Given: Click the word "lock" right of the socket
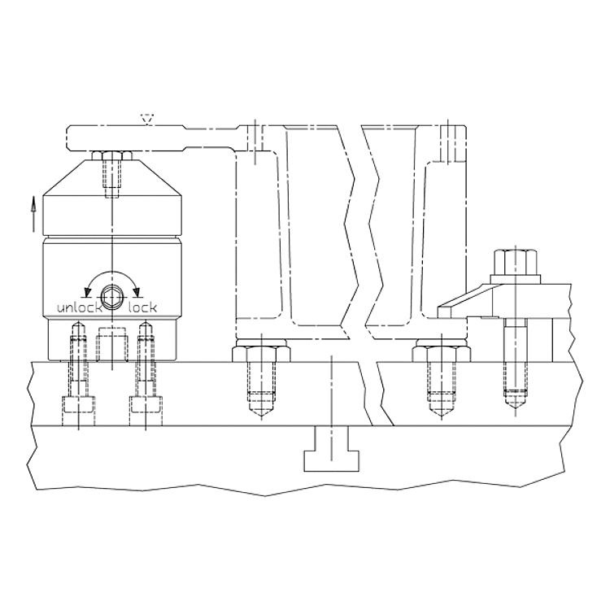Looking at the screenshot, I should coord(143,307).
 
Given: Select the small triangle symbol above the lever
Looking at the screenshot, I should coord(146,120).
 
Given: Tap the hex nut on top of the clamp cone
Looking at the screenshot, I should coord(111,155).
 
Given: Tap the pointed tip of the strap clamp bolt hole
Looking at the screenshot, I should coord(516,406).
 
